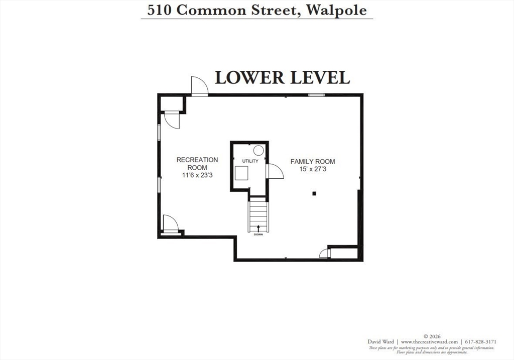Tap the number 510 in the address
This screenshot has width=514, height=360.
click(157, 10)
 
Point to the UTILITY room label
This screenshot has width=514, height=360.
click(250, 161)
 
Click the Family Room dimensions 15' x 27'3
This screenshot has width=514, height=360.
click(313, 170)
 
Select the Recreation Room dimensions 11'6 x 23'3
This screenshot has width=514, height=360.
click(197, 175)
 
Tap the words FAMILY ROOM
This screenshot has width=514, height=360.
click(313, 162)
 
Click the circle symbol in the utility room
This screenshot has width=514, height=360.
click(259, 150)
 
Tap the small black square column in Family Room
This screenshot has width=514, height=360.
click(314, 193)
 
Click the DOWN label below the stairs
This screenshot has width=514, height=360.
click(258, 234)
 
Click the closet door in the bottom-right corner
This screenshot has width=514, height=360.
click(324, 253)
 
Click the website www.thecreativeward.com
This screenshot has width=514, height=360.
click(429, 342)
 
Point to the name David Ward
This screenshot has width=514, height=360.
click(380, 342)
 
